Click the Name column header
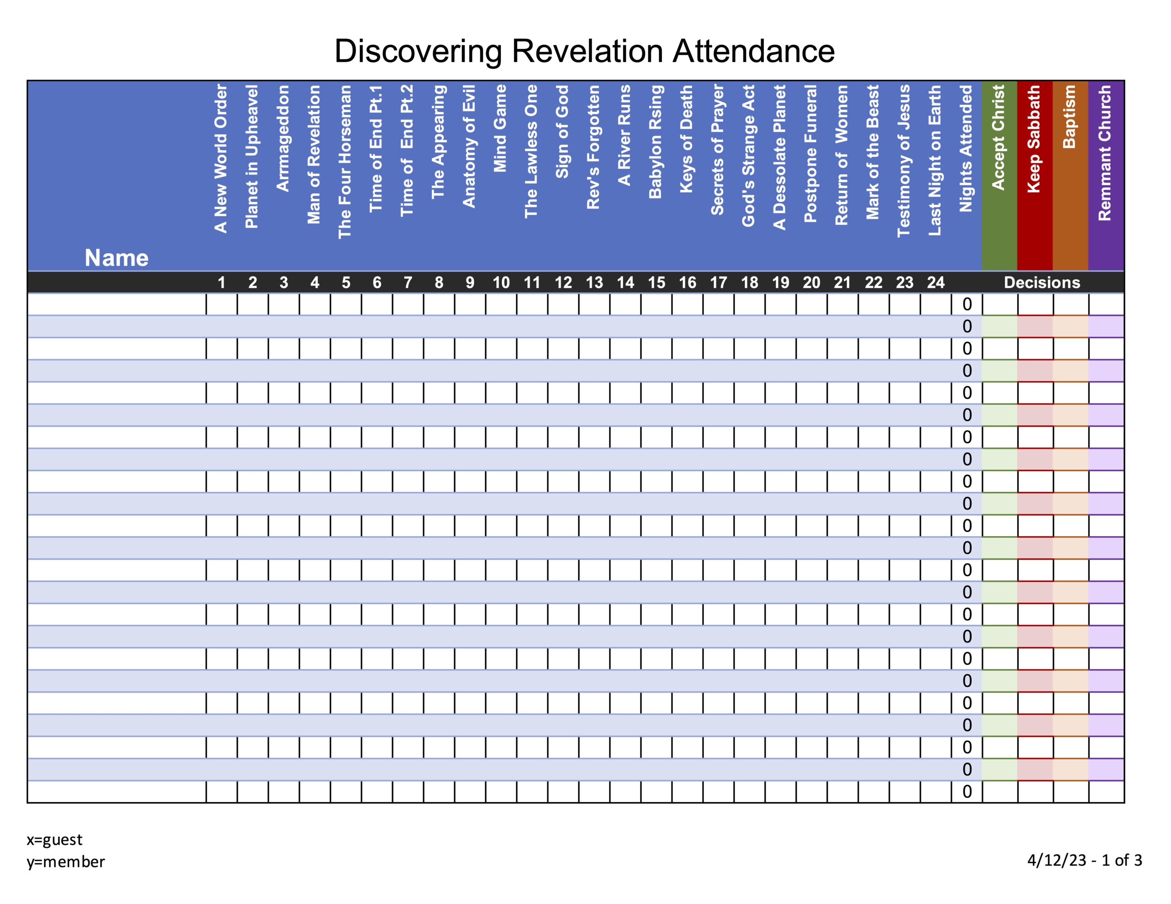[116, 258]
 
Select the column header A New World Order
[220, 159]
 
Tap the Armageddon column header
[283, 138]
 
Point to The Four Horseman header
[345, 162]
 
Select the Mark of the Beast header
[872, 152]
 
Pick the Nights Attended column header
[966, 149]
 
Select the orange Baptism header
[1069, 117]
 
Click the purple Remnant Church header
[1105, 153]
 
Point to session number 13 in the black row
[594, 282]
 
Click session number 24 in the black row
[935, 282]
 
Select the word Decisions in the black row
[1042, 282]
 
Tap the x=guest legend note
[55, 839]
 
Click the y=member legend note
[66, 861]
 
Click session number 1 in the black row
[221, 282]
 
